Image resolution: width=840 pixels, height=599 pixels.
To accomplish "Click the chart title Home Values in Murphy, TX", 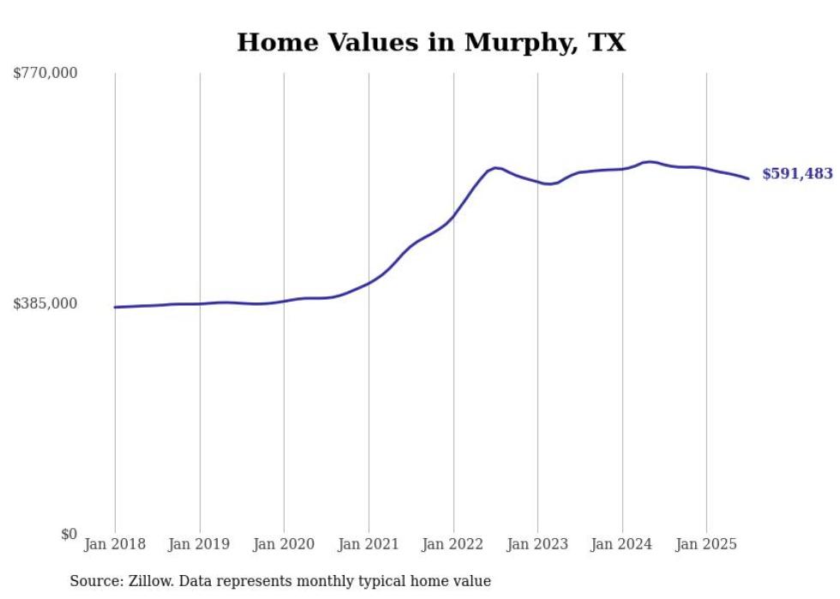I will click(x=431, y=43).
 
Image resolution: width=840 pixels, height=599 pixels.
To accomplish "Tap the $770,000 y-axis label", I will click(x=45, y=74).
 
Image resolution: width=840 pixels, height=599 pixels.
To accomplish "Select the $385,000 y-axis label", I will click(x=45, y=303).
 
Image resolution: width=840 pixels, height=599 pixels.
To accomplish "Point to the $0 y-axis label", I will click(x=69, y=535).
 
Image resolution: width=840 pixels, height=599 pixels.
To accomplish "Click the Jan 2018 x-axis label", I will click(x=115, y=544).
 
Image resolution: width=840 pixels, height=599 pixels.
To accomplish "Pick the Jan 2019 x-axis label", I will click(x=200, y=544).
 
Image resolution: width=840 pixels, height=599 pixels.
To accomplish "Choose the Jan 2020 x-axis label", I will click(x=284, y=544).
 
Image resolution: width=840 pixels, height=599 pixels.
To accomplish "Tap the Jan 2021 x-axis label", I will click(x=369, y=544).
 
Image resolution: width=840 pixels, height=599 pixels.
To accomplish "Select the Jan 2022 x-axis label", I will click(x=453, y=544).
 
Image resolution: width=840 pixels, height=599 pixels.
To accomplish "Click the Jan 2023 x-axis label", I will click(x=537, y=544).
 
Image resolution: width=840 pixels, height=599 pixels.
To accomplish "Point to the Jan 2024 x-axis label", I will click(x=622, y=544).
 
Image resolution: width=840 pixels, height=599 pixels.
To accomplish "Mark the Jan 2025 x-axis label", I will click(x=706, y=544).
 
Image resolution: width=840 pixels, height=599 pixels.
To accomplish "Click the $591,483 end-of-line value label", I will click(x=797, y=174).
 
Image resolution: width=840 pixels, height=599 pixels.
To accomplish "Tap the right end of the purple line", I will click(x=749, y=178).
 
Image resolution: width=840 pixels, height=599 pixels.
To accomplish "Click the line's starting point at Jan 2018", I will click(x=115, y=307).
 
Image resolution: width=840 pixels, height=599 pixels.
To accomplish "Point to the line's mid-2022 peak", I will click(x=495, y=167).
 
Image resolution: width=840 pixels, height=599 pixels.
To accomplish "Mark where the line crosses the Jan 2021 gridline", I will click(x=369, y=282).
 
